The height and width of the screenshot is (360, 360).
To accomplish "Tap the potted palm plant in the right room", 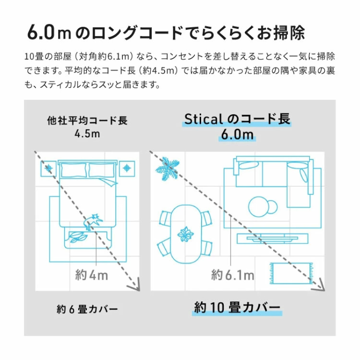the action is (x=167, y=169).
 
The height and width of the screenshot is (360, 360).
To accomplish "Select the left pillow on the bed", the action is (x=74, y=170).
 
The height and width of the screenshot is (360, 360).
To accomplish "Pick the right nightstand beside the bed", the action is (x=127, y=169).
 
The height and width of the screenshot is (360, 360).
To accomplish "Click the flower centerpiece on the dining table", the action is (x=186, y=234).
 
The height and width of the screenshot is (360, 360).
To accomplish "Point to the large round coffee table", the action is (x=259, y=207).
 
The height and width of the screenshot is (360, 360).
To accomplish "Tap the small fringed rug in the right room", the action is (x=291, y=273).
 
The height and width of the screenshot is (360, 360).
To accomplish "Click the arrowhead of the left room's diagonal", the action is (x=135, y=285).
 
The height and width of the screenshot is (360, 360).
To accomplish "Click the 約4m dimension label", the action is (x=92, y=275).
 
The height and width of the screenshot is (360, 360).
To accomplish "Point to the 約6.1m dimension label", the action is (x=232, y=275).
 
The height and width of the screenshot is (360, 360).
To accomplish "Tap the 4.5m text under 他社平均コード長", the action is (x=87, y=134).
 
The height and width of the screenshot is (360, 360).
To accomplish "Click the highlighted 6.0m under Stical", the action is (x=237, y=135).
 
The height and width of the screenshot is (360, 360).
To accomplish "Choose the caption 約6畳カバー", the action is (x=87, y=309).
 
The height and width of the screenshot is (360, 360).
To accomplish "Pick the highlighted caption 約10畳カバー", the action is (x=237, y=307).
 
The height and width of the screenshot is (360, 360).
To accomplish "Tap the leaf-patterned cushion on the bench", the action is (x=78, y=237).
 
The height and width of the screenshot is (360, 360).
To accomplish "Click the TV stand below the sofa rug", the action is (x=272, y=238).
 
